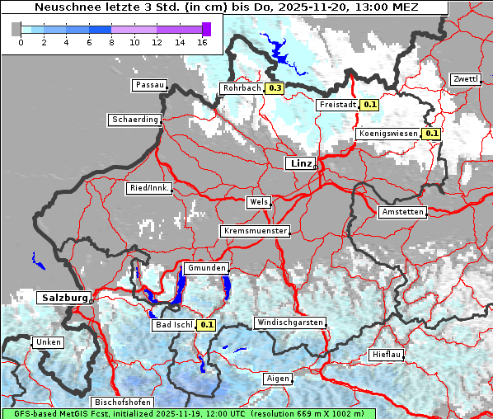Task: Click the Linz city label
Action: [301, 163]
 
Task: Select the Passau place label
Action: [150, 85]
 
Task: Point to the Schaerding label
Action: [134, 120]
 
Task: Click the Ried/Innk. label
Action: [149, 188]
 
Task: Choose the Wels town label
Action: [258, 202]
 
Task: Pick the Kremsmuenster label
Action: [255, 231]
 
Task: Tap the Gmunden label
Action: [205, 269]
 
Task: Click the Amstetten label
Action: [402, 212]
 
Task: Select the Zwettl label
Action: [465, 79]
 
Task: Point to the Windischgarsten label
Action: [289, 322]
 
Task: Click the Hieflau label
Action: [387, 355]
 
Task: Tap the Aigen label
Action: [279, 379]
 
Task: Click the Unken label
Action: [48, 341]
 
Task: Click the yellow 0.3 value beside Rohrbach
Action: [275, 88]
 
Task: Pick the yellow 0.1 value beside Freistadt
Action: [370, 105]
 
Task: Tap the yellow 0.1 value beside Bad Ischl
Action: [206, 325]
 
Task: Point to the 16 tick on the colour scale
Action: [201, 42]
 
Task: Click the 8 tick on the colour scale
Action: [110, 42]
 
